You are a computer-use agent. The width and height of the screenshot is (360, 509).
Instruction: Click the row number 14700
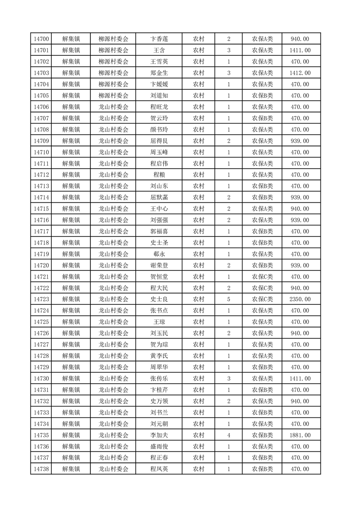tap(41, 39)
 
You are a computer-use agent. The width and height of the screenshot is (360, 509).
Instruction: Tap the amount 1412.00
tap(301, 73)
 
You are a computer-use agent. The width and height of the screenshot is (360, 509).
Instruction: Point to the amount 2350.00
tap(301, 299)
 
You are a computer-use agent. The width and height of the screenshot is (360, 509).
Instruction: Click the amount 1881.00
tap(301, 435)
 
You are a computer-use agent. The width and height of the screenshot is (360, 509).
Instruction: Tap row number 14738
tap(41, 469)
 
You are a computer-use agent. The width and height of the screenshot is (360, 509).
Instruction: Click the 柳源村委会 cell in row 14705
tap(113, 96)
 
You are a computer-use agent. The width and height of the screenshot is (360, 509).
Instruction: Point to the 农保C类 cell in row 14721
tap(262, 276)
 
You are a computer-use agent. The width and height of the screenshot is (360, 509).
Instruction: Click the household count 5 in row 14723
tap(228, 299)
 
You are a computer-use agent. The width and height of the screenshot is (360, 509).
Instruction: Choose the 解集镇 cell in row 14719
tap(71, 254)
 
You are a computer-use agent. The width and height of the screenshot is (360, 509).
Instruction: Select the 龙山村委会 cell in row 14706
tap(113, 107)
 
